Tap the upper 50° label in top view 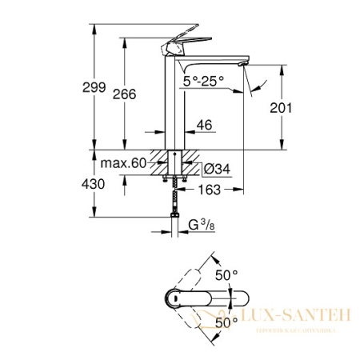point(230,275)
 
